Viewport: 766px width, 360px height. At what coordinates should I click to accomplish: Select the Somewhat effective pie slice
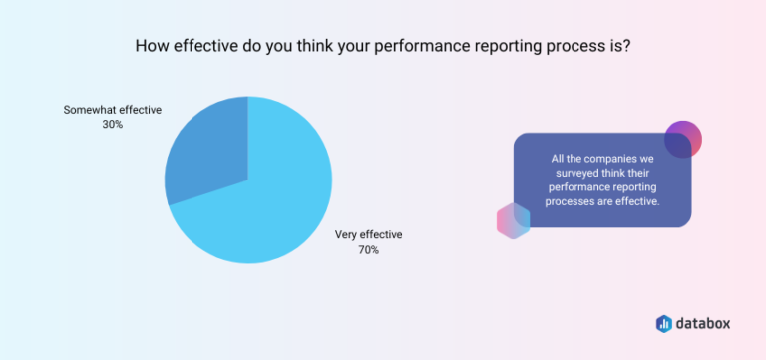pyautogui.click(x=204, y=150)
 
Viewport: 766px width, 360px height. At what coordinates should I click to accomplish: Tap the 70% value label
pyautogui.click(x=368, y=250)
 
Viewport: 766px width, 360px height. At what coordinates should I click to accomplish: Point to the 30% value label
pyautogui.click(x=113, y=124)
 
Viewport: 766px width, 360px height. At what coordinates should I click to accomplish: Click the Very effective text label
pyautogui.click(x=368, y=235)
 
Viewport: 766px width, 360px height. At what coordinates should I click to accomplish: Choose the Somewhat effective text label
pyautogui.click(x=113, y=109)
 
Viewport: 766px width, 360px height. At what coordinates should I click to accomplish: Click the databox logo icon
pyautogui.click(x=664, y=323)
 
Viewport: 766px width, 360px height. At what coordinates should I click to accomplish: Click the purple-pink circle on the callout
pyautogui.click(x=683, y=140)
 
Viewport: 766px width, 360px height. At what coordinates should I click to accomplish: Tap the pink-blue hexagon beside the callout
pyautogui.click(x=513, y=221)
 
